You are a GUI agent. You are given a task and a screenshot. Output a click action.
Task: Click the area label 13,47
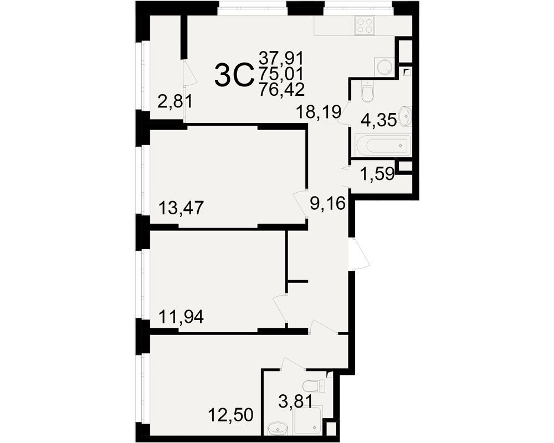click(181, 208)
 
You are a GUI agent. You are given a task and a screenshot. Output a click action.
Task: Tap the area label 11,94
click(181, 317)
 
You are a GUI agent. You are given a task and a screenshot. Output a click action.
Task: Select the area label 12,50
click(230, 415)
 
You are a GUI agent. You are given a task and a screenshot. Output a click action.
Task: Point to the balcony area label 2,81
click(176, 102)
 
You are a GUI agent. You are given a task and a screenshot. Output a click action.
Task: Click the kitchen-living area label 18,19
click(319, 112)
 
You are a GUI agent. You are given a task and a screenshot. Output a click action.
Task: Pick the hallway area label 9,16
click(327, 203)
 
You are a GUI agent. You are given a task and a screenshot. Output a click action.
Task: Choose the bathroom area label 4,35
click(378, 121)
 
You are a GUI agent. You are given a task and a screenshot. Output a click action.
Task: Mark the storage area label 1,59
click(377, 174)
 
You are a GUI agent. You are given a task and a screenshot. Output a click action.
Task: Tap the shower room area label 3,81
click(295, 402)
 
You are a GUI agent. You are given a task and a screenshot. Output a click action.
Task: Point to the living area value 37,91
click(281, 57)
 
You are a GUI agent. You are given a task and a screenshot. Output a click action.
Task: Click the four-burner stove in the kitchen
click(365, 26)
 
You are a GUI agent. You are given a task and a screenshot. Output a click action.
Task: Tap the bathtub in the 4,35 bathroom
click(381, 145)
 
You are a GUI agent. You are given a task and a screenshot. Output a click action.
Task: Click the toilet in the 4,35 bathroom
click(367, 91)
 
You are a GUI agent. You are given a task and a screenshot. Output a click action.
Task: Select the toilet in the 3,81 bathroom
click(315, 385)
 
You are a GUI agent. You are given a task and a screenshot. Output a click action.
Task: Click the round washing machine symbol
click(384, 66)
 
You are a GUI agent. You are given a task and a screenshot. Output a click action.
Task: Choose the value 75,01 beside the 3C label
click(281, 74)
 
